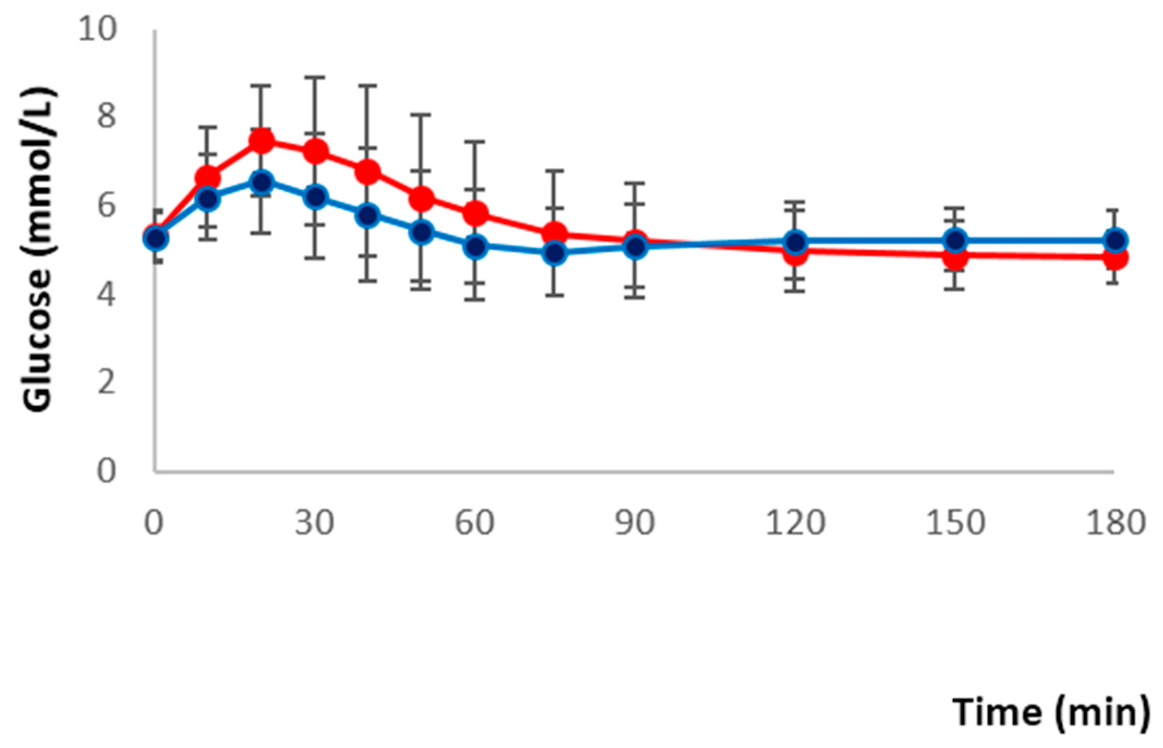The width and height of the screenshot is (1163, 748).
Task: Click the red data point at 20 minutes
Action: pyautogui.click(x=261, y=141)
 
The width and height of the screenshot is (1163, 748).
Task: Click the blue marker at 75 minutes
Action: pyautogui.click(x=555, y=253)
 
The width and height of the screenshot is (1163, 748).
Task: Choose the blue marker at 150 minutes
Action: pyautogui.click(x=956, y=240)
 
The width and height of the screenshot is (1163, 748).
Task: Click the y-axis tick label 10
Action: pyautogui.click(x=97, y=30)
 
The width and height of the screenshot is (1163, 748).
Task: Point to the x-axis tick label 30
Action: pyautogui.click(x=315, y=524)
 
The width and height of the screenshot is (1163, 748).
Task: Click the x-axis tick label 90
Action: pyautogui.click(x=635, y=524)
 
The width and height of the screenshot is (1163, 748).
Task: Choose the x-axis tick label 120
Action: pyautogui.click(x=795, y=524)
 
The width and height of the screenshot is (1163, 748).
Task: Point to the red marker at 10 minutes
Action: pyautogui.click(x=208, y=178)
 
